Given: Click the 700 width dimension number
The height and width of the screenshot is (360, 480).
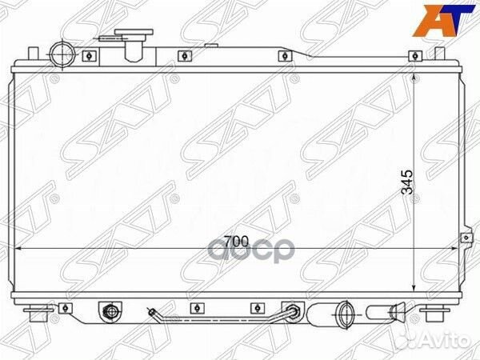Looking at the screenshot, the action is [x=236, y=242].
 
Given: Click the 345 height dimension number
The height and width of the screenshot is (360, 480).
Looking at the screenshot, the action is [x=407, y=182].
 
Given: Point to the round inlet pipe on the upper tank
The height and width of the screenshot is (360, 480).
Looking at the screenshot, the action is [x=62, y=55].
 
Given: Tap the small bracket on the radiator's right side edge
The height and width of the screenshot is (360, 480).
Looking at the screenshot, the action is [x=466, y=238].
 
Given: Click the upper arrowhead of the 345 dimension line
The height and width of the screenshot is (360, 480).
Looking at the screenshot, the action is [x=414, y=77].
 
